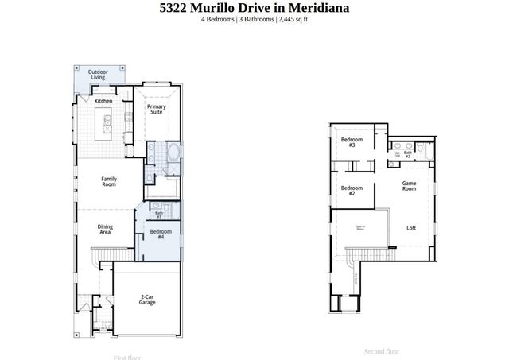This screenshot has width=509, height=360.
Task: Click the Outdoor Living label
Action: click(98, 75)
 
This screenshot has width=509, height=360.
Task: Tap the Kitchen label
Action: click(103, 101)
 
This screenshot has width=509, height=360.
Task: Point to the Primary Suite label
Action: click(157, 110)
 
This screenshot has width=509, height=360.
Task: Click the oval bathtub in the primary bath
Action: click(173, 153)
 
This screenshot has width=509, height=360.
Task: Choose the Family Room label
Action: click(109, 181)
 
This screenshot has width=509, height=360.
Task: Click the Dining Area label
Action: click(105, 229)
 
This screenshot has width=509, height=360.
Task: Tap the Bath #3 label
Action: click(159, 214)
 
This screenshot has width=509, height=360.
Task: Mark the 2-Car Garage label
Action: click(147, 299)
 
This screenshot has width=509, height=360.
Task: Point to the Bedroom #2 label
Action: click(348, 191)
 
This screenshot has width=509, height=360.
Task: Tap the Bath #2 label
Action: click(407, 154)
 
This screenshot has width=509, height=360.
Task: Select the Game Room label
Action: click(409, 186)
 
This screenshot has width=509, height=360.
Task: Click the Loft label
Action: click(411, 228)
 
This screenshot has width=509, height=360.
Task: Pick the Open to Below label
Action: click(360, 229)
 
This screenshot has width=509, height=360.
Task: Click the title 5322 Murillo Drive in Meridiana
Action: click(254, 8)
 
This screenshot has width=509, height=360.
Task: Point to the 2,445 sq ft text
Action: click(292, 19)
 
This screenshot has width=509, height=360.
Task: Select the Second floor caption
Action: click(382, 351)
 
